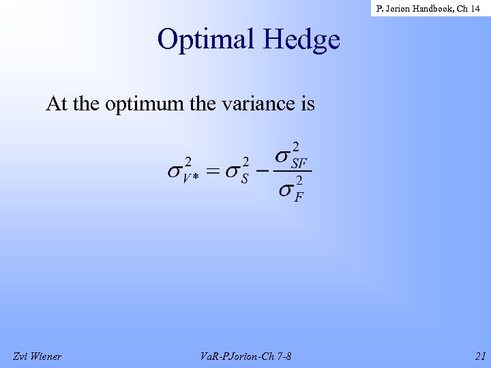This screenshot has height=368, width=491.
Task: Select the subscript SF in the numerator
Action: pyautogui.click(x=298, y=163)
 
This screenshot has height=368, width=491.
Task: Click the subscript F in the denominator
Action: pyautogui.click(x=298, y=197)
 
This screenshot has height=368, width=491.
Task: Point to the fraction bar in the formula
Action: pyautogui.click(x=292, y=171)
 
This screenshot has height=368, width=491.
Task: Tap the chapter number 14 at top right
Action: pyautogui.click(x=475, y=8)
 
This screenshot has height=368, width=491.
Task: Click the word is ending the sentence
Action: pyautogui.click(x=307, y=104)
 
